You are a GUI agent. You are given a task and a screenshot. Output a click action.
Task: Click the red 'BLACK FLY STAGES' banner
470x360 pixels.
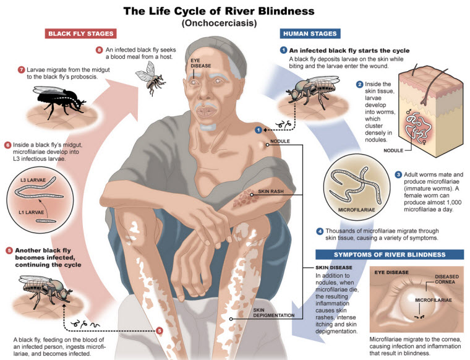80,33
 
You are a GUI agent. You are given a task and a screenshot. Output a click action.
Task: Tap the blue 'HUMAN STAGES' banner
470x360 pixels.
310,33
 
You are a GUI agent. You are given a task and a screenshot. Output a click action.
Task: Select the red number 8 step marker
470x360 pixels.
99,49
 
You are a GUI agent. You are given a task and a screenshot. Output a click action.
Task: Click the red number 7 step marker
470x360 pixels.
21,70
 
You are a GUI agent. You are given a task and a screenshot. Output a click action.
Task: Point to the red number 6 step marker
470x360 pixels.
8,145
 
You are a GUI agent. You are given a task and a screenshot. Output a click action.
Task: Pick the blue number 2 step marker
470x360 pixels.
360,84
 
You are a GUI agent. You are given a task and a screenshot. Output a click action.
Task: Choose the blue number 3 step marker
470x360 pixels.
398,174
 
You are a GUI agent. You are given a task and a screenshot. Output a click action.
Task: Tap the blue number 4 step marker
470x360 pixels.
320,231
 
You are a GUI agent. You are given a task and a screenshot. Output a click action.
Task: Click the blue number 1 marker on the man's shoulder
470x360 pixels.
258,130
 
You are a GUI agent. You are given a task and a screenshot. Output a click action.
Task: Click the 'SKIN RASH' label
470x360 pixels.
271,191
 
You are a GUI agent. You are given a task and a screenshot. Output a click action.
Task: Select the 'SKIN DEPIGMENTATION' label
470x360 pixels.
274,312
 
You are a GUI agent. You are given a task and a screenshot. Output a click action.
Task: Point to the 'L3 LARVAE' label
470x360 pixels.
33,180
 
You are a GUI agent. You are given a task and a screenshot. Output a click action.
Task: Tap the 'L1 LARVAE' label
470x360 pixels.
31,212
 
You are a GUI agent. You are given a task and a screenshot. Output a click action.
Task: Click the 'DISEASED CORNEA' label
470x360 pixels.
446,279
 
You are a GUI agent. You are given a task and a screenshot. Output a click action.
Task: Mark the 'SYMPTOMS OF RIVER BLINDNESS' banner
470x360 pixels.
390,254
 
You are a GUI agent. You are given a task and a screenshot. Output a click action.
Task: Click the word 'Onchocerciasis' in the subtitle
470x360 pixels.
219,23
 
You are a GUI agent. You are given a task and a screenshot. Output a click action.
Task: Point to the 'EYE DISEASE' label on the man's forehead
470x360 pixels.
200,63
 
